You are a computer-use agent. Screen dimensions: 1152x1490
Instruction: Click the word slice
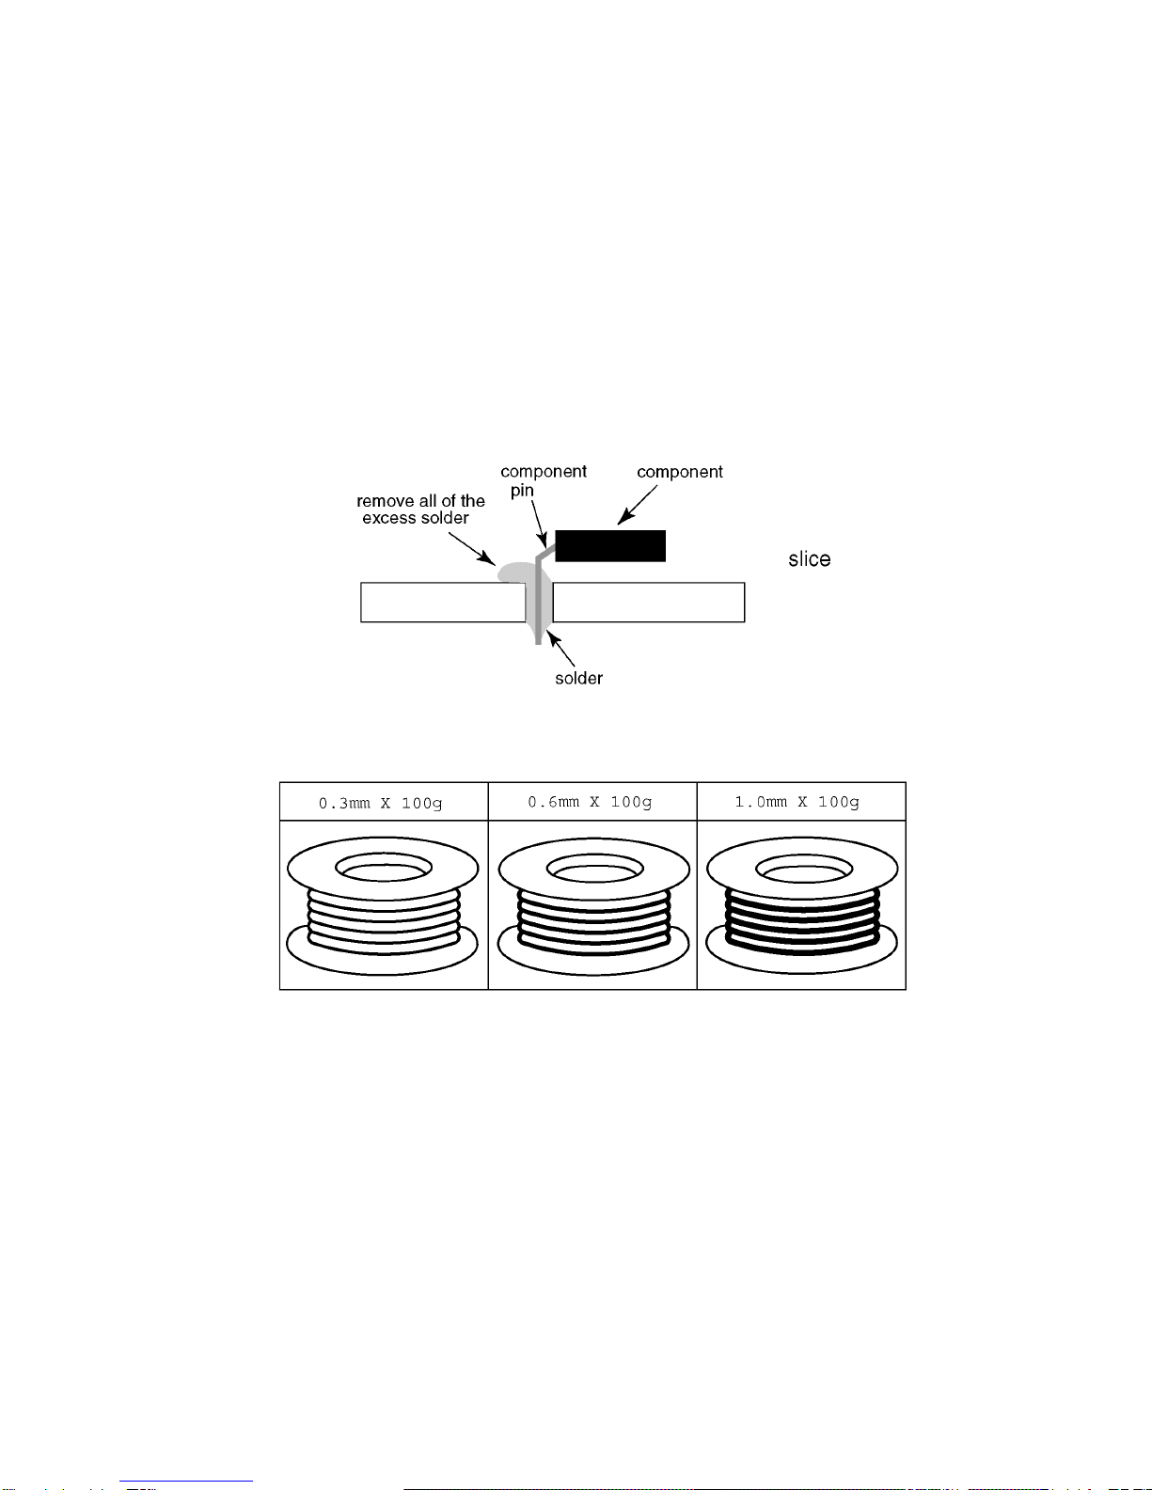point(809,558)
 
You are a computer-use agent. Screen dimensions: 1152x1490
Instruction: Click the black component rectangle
point(610,546)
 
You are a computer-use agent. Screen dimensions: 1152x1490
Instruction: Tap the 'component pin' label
point(544,480)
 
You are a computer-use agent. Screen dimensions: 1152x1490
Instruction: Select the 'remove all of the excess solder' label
point(420,510)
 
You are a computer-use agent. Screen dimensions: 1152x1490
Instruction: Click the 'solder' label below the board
point(578,678)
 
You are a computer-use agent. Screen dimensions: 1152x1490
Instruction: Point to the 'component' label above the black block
point(680,472)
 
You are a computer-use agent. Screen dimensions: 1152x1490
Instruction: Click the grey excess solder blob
point(514,572)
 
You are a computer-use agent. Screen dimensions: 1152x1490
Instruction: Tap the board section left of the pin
point(443,602)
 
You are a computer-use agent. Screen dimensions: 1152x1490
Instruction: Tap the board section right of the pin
point(649,602)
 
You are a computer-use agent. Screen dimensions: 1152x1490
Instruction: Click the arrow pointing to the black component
point(637,506)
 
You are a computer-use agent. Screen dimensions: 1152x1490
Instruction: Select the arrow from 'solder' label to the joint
point(560,649)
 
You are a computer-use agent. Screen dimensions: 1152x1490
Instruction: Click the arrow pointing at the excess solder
point(472,549)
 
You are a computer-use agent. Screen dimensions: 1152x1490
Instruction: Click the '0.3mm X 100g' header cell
point(384,802)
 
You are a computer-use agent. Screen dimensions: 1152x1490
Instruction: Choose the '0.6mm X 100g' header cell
point(592,802)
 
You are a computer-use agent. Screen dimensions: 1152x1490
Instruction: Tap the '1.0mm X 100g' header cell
point(801,802)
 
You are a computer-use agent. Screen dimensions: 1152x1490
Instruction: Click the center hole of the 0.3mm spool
point(384,868)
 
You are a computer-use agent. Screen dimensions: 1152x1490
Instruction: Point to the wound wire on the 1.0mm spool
point(802,922)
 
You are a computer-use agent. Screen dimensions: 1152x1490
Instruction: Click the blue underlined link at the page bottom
point(186,1482)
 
